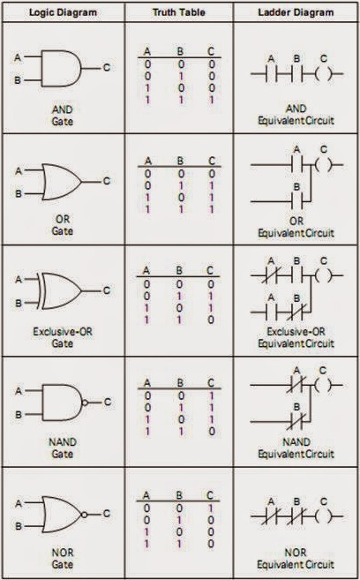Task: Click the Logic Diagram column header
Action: tap(63, 12)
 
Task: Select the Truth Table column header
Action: tap(179, 12)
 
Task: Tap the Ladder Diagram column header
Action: tap(296, 12)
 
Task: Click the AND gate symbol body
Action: tap(61, 69)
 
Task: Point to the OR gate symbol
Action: tap(62, 182)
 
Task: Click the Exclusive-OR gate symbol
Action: tap(59, 291)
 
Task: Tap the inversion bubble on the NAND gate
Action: tap(85, 403)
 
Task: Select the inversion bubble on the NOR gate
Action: tap(85, 515)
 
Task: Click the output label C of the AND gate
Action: tap(107, 68)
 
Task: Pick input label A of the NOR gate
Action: tap(19, 503)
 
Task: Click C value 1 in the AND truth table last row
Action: tap(212, 100)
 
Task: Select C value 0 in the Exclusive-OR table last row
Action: tap(211, 320)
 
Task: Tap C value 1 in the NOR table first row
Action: tap(211, 508)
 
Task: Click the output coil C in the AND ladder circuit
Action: tap(324, 74)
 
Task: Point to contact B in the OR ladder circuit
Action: tap(297, 202)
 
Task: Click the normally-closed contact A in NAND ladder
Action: tap(297, 385)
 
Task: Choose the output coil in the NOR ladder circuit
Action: tap(324, 516)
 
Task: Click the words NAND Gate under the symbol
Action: tap(63, 448)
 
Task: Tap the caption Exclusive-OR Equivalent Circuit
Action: tap(296, 338)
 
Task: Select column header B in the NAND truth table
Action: tap(180, 383)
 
